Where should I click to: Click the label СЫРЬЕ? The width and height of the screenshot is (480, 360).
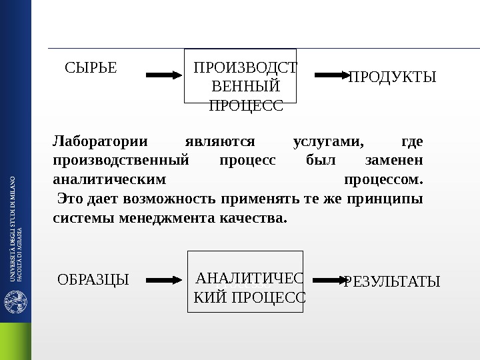click(91, 67)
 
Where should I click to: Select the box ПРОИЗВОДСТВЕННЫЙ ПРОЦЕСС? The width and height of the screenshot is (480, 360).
click(240, 76)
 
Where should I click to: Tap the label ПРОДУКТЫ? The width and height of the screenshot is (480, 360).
click(393, 77)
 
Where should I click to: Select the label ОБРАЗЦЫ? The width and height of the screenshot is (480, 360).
click(93, 279)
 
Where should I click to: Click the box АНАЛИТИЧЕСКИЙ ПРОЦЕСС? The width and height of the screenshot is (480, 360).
click(245, 281)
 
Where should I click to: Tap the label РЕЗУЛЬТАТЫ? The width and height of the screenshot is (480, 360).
click(392, 282)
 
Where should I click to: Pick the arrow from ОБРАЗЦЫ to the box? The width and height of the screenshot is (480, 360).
click(163, 280)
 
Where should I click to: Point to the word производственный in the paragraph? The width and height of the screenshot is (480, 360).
click(121, 161)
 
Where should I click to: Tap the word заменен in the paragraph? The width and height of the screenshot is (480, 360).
click(395, 161)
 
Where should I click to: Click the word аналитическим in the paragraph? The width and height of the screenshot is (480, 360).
click(109, 179)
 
